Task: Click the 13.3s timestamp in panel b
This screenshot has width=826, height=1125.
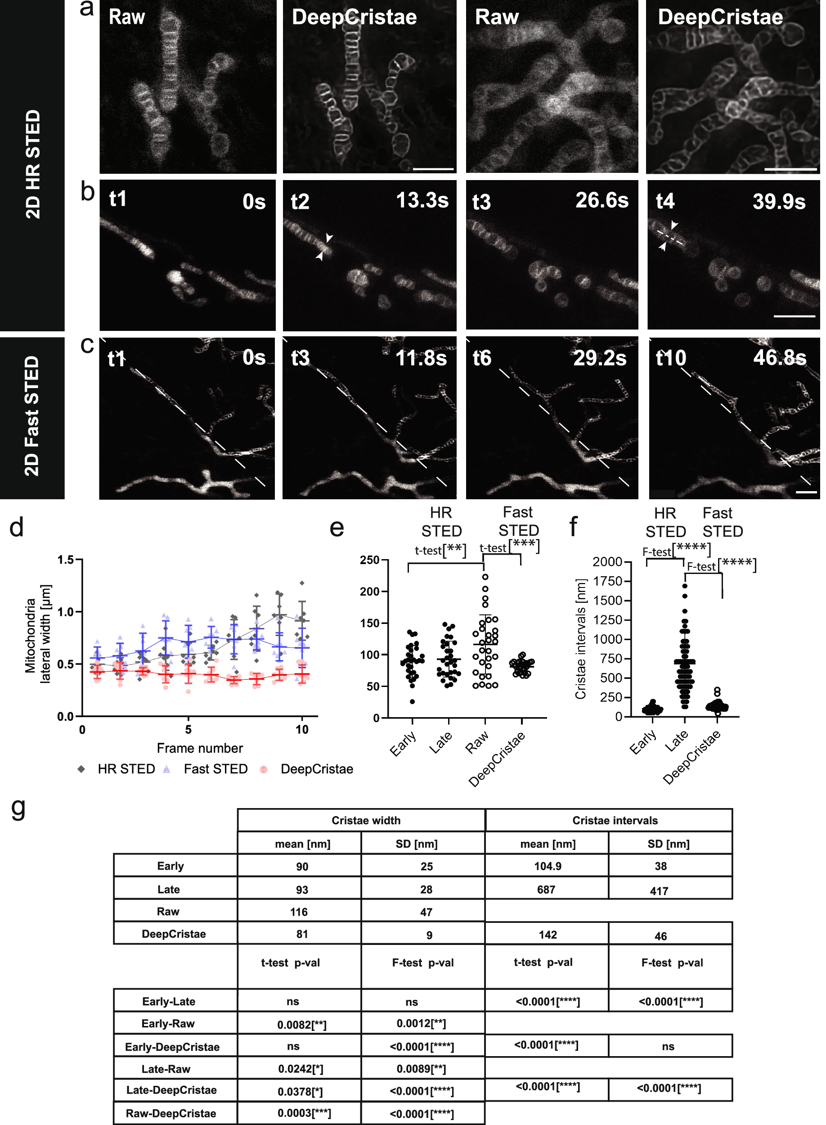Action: (x=422, y=201)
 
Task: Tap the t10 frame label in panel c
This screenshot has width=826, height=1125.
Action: (x=671, y=358)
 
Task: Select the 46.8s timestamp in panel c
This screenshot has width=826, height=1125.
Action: (x=779, y=357)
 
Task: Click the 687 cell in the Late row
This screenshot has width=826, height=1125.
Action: (x=546, y=890)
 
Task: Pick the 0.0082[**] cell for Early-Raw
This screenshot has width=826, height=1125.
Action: (x=301, y=1025)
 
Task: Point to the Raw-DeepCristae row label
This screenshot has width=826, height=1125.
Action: (x=171, y=1113)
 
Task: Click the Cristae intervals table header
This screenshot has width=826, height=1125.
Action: (x=615, y=820)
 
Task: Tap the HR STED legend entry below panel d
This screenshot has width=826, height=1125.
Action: (x=126, y=769)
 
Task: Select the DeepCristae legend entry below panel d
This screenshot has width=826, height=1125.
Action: (x=317, y=769)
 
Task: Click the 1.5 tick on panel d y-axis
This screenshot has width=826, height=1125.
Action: (x=66, y=560)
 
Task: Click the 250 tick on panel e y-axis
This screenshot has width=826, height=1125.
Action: (x=369, y=560)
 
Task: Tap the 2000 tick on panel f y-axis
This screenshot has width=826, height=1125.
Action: (x=607, y=562)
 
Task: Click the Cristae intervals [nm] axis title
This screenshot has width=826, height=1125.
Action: (x=580, y=639)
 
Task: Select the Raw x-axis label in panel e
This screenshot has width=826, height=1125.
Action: (x=476, y=742)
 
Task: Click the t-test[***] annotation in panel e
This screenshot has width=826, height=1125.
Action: (x=509, y=546)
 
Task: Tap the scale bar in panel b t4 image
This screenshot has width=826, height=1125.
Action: (x=794, y=316)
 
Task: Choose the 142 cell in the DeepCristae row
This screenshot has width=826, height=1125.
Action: (x=548, y=935)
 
